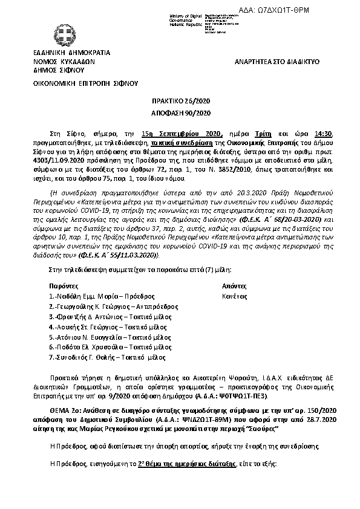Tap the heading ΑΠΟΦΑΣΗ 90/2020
(180, 113)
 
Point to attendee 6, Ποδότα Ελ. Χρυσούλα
(102, 347)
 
